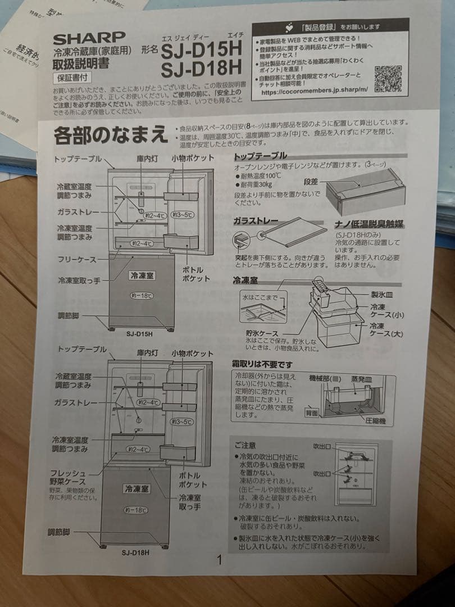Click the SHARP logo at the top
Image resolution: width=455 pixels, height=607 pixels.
coord(89,39)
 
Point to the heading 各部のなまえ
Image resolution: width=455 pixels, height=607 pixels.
coord(111,135)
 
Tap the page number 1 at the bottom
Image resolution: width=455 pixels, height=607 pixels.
coord(220,560)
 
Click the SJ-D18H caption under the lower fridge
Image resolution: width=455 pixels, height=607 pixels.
coord(135,552)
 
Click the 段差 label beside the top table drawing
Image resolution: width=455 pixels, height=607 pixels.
coord(311,182)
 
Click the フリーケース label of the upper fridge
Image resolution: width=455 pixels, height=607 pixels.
coord(77,260)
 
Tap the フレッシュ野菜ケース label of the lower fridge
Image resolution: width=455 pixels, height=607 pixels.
coord(70,477)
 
